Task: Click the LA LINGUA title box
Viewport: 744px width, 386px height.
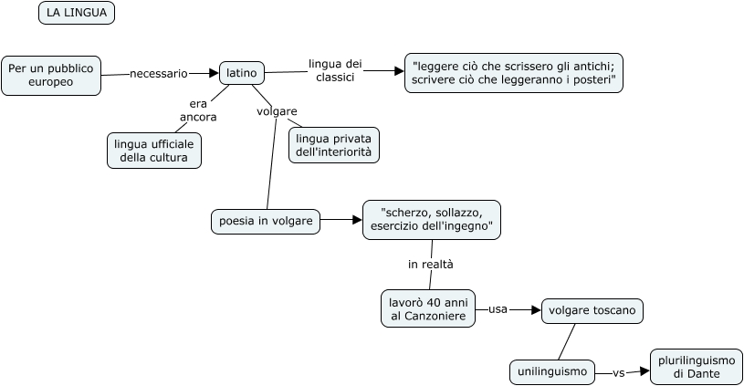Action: [x=77, y=13]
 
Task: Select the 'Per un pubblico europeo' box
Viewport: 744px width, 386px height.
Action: [x=50, y=75]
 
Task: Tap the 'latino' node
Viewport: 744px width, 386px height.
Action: [x=241, y=72]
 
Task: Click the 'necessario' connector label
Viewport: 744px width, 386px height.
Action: [x=159, y=73]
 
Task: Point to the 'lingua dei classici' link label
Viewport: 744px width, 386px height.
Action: [x=335, y=70]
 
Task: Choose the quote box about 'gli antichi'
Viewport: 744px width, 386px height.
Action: [x=514, y=73]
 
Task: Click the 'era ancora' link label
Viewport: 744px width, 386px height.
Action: [x=198, y=110]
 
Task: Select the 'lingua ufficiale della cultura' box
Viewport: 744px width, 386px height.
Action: [x=154, y=151]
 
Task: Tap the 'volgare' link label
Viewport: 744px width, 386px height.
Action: [x=277, y=111]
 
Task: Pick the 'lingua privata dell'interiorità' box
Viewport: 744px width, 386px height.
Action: [x=333, y=145]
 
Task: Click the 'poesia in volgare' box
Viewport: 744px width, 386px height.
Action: [x=266, y=221]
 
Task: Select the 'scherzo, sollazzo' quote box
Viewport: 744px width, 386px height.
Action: [x=432, y=219]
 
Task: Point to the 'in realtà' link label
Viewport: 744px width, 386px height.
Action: [x=431, y=264]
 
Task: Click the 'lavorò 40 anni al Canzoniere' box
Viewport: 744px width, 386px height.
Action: [x=428, y=308]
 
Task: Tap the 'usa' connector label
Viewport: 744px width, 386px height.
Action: [x=498, y=309]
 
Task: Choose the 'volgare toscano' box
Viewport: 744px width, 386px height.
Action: [x=592, y=310]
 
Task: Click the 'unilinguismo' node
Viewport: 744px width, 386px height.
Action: [x=552, y=372]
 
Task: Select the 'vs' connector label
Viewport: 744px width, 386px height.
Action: [x=618, y=372]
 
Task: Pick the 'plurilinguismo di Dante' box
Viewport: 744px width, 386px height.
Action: [x=697, y=367]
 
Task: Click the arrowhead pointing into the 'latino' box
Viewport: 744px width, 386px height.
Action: [x=214, y=73]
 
